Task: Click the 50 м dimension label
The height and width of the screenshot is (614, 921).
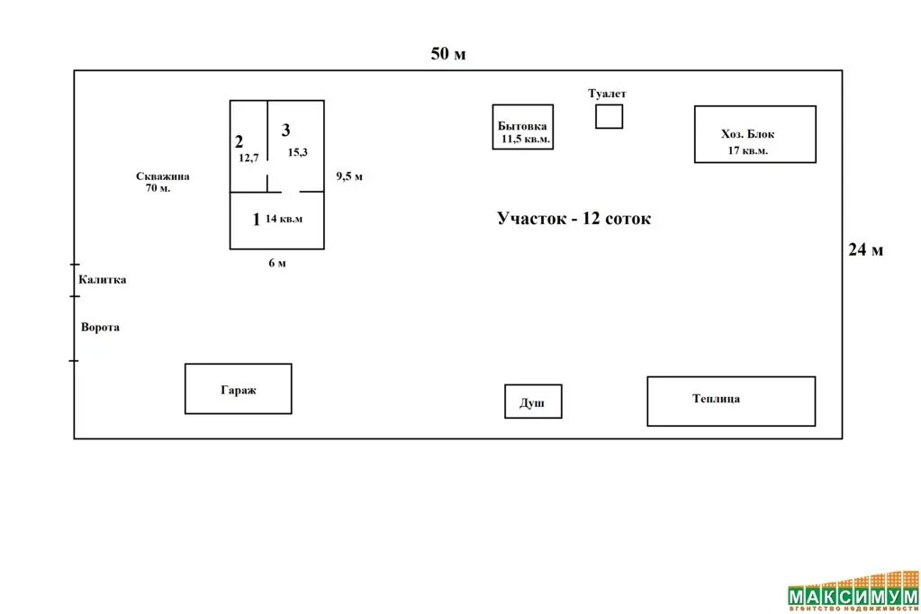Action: pyautogui.click(x=448, y=54)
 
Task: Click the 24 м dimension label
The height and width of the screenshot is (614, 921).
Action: pyautogui.click(x=865, y=250)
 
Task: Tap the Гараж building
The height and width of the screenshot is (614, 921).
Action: pyautogui.click(x=239, y=389)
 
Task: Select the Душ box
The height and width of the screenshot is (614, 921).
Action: pyautogui.click(x=533, y=402)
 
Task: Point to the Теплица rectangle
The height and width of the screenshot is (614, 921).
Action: pyautogui.click(x=731, y=401)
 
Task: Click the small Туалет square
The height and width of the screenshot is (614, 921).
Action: pyautogui.click(x=609, y=116)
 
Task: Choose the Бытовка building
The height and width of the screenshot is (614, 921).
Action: pyautogui.click(x=523, y=127)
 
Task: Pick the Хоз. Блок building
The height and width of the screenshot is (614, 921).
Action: pyautogui.click(x=754, y=134)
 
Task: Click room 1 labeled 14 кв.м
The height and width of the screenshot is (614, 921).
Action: pyautogui.click(x=276, y=220)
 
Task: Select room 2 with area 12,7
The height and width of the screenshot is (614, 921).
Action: pyautogui.click(x=248, y=147)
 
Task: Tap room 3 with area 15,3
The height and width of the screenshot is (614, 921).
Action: pyautogui.click(x=295, y=144)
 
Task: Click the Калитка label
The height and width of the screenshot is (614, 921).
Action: pyautogui.click(x=102, y=280)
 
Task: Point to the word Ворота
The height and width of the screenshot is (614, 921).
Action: pyautogui.click(x=100, y=328)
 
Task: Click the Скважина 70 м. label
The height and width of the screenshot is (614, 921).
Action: pyautogui.click(x=162, y=183)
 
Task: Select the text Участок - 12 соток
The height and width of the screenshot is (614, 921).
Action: pyautogui.click(x=573, y=219)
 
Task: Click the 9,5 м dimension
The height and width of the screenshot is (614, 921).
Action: pyautogui.click(x=349, y=176)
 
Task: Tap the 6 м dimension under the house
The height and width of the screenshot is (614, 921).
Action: pyautogui.click(x=276, y=263)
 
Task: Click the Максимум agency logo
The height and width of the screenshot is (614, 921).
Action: pyautogui.click(x=853, y=594)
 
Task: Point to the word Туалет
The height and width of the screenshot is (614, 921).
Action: pyautogui.click(x=607, y=94)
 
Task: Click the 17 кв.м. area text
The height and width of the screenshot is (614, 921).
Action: pyautogui.click(x=748, y=150)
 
